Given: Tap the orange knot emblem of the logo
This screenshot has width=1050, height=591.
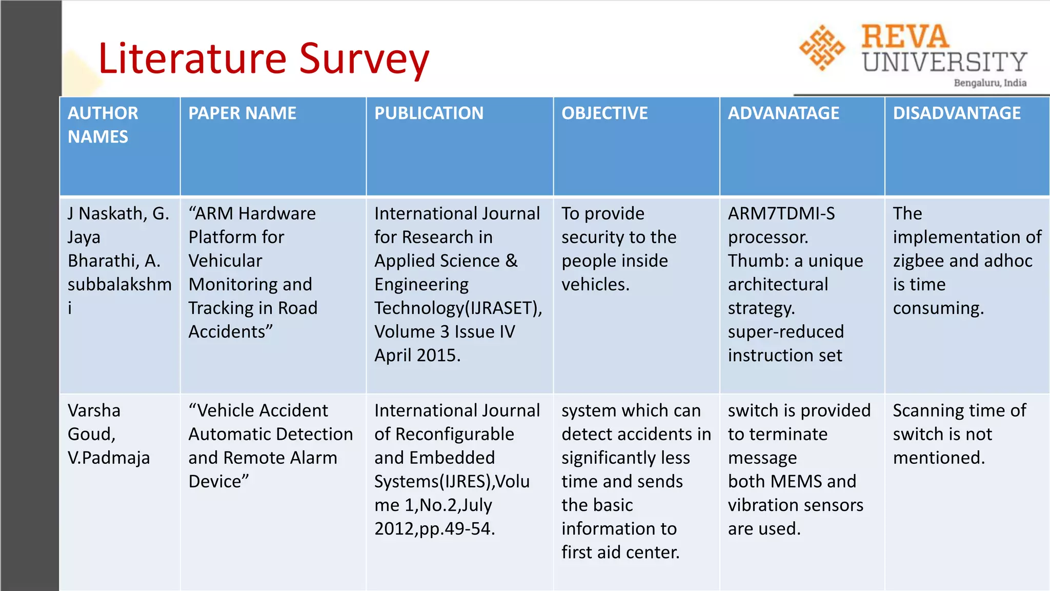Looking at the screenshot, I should (822, 48).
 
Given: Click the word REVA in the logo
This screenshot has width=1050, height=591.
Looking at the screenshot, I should (905, 37).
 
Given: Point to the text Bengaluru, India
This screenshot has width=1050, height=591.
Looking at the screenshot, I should (990, 83).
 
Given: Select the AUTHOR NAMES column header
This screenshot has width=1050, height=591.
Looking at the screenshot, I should (103, 125).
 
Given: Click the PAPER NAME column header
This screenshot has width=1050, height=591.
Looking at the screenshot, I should (242, 113).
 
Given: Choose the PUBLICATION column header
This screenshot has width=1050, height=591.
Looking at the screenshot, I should (429, 113).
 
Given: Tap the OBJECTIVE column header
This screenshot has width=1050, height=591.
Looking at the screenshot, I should (604, 113).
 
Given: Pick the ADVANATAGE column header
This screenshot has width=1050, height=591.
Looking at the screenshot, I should (783, 113).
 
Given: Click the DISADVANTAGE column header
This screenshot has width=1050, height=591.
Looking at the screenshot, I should (957, 113).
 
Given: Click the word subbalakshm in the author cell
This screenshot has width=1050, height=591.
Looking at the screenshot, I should (119, 284).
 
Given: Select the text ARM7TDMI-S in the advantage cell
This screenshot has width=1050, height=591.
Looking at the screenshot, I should (781, 213).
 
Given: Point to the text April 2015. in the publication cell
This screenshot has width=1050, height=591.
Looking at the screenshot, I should (417, 355).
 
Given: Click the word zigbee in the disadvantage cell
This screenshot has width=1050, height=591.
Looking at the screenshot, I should (918, 261).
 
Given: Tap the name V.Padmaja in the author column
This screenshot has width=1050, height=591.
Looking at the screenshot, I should (109, 458).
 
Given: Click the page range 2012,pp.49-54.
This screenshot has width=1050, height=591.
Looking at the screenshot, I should (435, 528).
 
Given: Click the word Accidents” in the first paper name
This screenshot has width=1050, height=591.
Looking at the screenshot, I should (230, 331).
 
